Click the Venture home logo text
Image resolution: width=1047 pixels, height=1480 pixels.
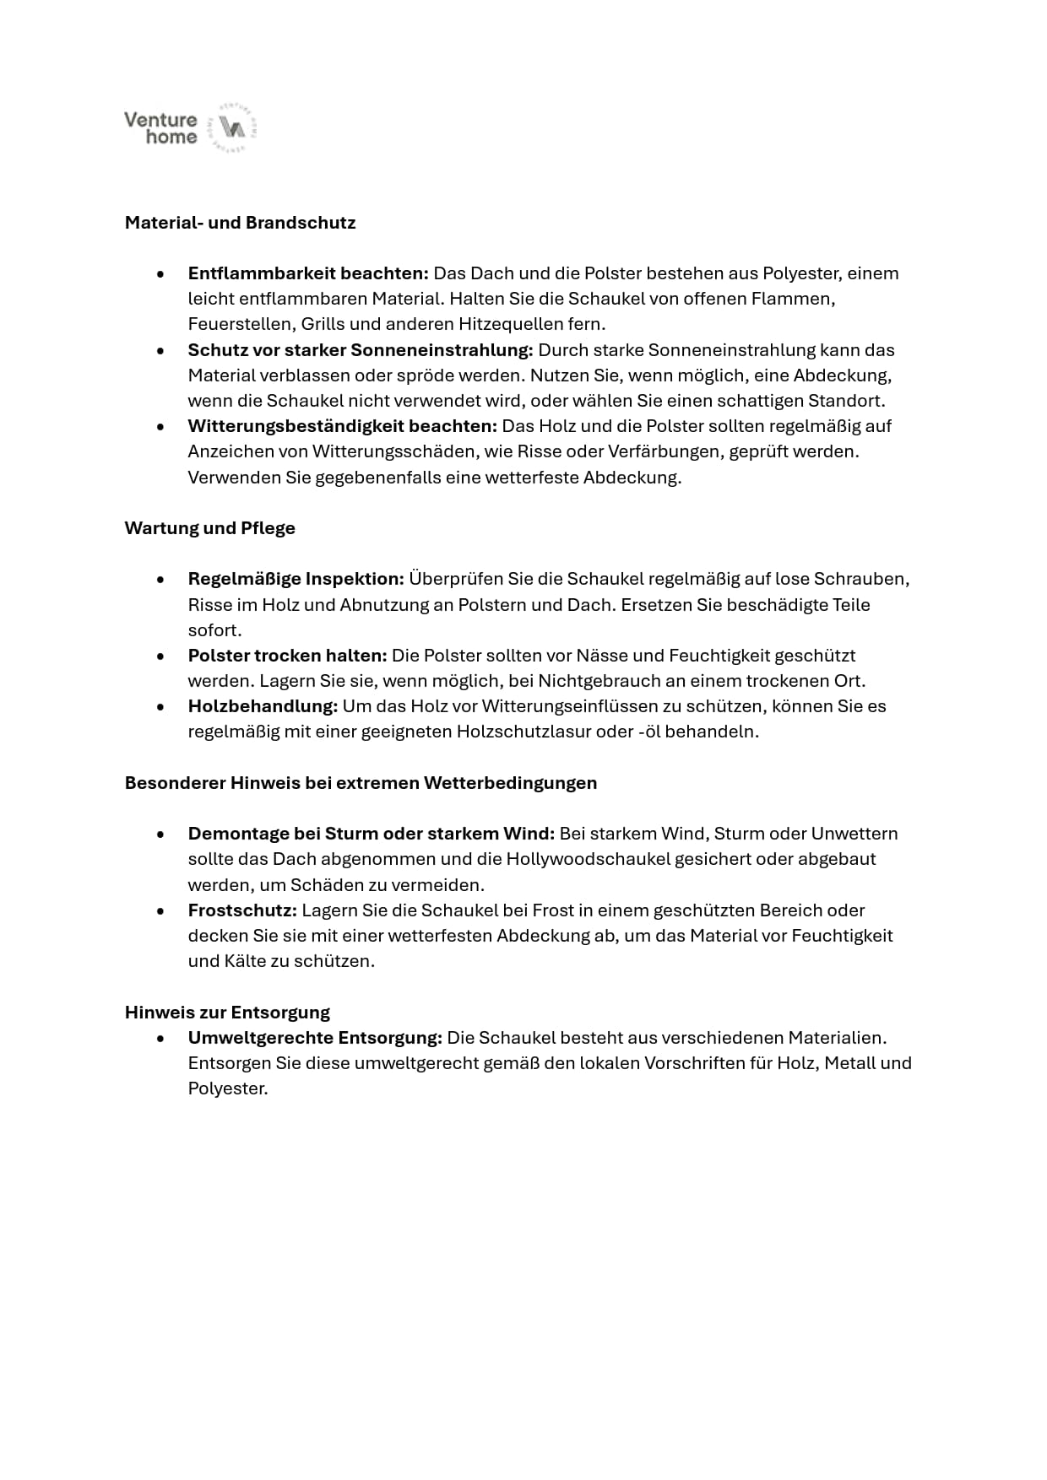(x=160, y=128)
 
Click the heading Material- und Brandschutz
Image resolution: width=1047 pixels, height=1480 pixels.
(x=240, y=223)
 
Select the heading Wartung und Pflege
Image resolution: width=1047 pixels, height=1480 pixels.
(x=209, y=528)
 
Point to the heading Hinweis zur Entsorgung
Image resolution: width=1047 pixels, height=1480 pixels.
(x=227, y=1012)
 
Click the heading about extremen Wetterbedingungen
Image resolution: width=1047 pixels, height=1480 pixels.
(x=361, y=783)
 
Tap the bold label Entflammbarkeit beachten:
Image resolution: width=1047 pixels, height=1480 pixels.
(x=308, y=273)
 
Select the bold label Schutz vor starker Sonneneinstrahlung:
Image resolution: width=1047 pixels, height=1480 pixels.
(x=361, y=350)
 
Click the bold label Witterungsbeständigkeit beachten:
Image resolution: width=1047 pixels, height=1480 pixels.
(x=342, y=426)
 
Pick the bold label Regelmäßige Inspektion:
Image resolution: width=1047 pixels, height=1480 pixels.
(x=296, y=579)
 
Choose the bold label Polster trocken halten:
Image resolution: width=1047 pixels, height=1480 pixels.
(x=287, y=656)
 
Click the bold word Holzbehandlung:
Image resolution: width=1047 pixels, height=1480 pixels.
(x=263, y=706)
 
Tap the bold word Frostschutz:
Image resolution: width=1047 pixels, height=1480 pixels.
(x=242, y=910)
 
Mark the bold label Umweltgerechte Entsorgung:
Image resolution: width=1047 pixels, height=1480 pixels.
(x=315, y=1038)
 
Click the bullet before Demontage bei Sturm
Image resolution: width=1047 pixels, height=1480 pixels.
(x=160, y=835)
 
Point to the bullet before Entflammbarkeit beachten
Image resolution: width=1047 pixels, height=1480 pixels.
(x=160, y=274)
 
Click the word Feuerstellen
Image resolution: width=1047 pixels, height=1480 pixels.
(x=239, y=324)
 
